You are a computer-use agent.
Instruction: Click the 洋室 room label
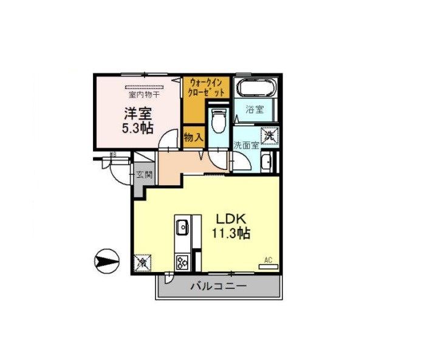pos(138,114)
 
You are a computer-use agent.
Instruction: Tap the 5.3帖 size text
pos(138,128)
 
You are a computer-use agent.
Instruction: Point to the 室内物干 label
pos(144,95)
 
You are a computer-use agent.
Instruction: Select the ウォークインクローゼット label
pos(208,87)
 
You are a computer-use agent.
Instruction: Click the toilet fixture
pos(219,120)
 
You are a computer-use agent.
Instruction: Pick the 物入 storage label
pos(193,138)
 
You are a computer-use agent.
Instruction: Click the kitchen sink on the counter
pos(183,228)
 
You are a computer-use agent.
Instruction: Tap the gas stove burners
pos(182,262)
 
